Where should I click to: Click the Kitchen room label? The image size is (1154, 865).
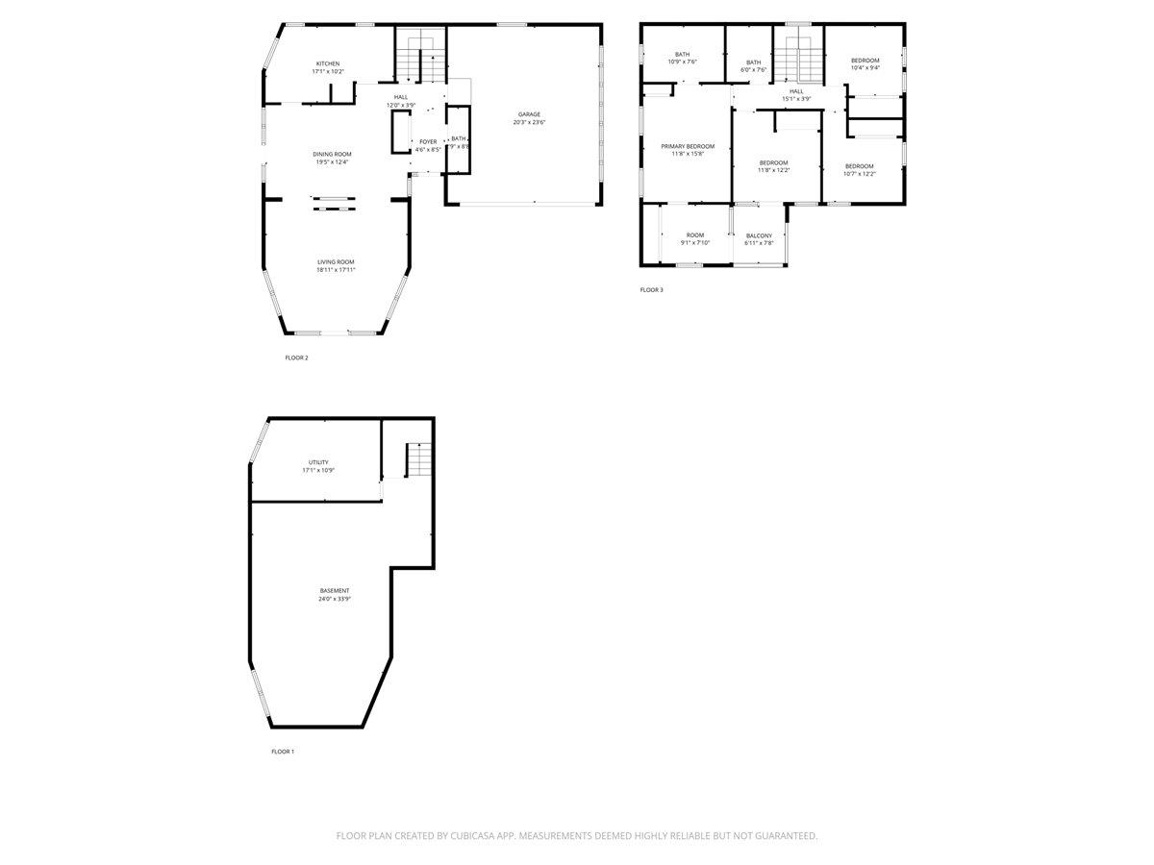pyautogui.click(x=326, y=63)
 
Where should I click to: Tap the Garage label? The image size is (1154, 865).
pyautogui.click(x=529, y=114)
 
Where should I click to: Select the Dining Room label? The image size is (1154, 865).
pyautogui.click(x=332, y=154)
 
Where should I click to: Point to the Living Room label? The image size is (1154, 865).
pyautogui.click(x=336, y=261)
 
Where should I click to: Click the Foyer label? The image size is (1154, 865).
pyautogui.click(x=428, y=141)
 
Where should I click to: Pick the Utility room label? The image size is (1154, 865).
pyautogui.click(x=318, y=462)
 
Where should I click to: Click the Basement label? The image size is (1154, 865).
pyautogui.click(x=335, y=590)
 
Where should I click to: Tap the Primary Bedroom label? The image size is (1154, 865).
pyautogui.click(x=688, y=146)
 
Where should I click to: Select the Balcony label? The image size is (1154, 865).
pyautogui.click(x=759, y=235)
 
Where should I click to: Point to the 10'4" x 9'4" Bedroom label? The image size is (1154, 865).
pyautogui.click(x=865, y=61)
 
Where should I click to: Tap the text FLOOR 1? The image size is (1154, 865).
pyautogui.click(x=283, y=752)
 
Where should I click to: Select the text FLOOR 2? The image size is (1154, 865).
pyautogui.click(x=296, y=358)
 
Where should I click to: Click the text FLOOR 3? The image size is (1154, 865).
pyautogui.click(x=651, y=289)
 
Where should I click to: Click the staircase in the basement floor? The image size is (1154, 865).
pyautogui.click(x=418, y=459)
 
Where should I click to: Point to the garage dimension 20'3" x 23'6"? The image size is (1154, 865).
pyautogui.click(x=529, y=123)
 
